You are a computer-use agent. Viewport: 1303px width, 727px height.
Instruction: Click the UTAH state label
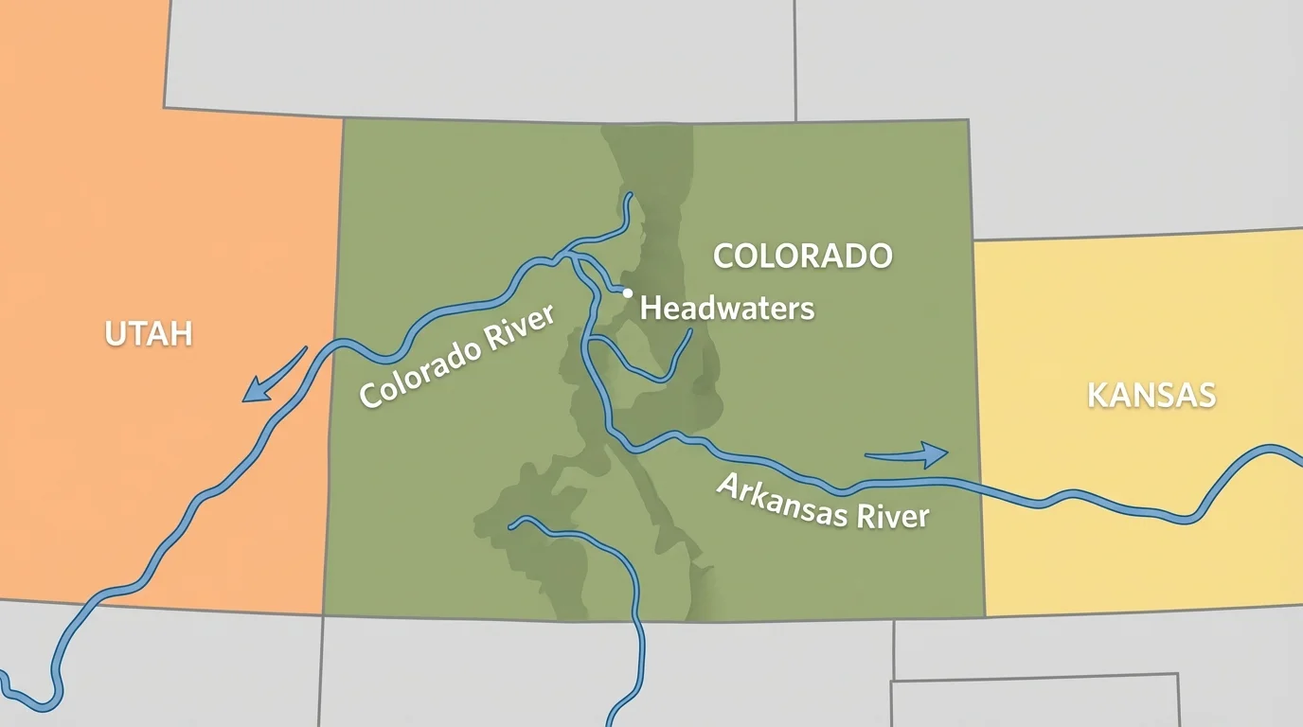(x=149, y=333)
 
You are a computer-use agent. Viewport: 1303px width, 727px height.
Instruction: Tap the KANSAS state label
(x=1151, y=395)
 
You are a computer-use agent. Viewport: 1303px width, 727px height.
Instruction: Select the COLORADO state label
(x=802, y=256)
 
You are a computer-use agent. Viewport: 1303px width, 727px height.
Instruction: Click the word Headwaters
(x=727, y=308)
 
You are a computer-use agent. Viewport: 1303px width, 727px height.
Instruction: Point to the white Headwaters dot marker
(x=627, y=293)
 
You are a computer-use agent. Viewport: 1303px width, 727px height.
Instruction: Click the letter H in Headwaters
(x=651, y=308)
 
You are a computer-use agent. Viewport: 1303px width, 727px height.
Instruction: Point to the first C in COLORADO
(x=723, y=256)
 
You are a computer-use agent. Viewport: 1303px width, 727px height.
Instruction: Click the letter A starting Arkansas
(x=729, y=486)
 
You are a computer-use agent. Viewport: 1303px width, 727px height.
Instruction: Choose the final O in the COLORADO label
(x=881, y=256)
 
